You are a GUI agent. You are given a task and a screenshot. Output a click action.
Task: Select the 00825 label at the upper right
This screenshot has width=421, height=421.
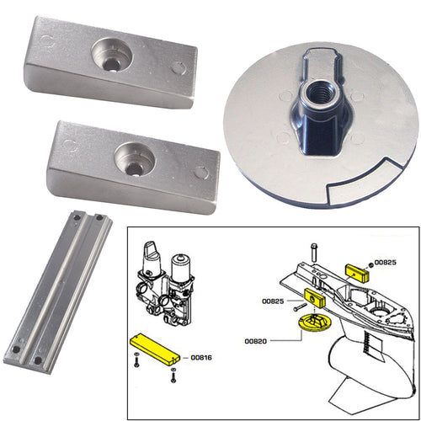click(385, 262)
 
